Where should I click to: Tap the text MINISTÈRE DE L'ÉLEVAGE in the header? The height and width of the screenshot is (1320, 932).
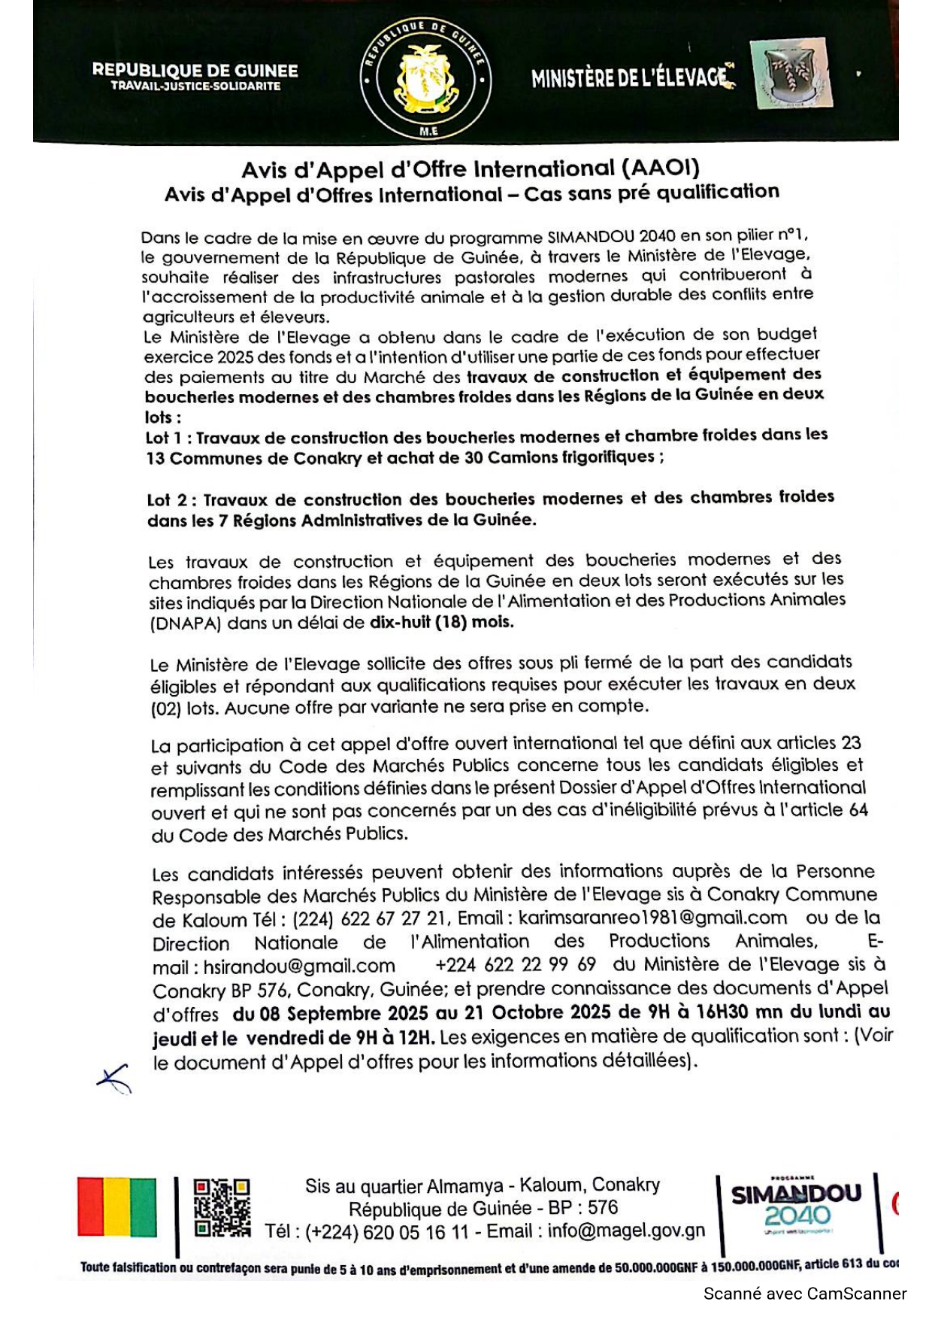point(631,77)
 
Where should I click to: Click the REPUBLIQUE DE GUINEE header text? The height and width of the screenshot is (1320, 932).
point(195,71)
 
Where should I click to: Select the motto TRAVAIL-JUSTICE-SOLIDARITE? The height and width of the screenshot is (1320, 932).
point(195,86)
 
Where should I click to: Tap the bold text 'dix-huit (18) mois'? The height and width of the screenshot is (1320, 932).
point(440,622)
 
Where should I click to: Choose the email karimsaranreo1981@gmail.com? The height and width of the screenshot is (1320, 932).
point(652,918)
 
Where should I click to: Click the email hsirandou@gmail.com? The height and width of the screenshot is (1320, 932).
point(299,966)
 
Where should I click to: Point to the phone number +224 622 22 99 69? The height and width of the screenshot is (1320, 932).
point(516,964)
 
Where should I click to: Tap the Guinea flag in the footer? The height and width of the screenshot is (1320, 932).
point(117,1207)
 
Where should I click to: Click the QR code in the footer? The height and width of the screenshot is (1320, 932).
point(222,1207)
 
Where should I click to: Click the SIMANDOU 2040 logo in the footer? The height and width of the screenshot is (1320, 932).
point(797,1206)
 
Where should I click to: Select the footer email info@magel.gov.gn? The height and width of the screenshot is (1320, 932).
point(626,1230)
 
